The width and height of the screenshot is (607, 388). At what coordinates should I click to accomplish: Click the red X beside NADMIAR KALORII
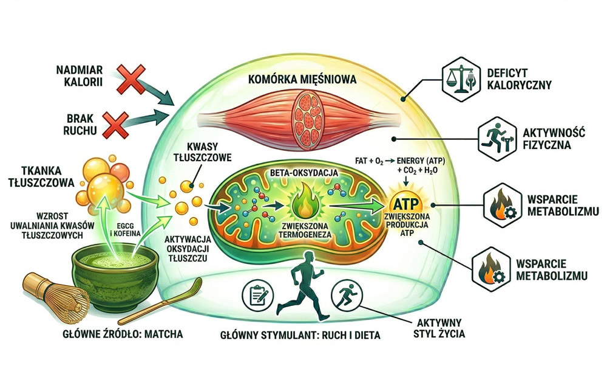129,80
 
